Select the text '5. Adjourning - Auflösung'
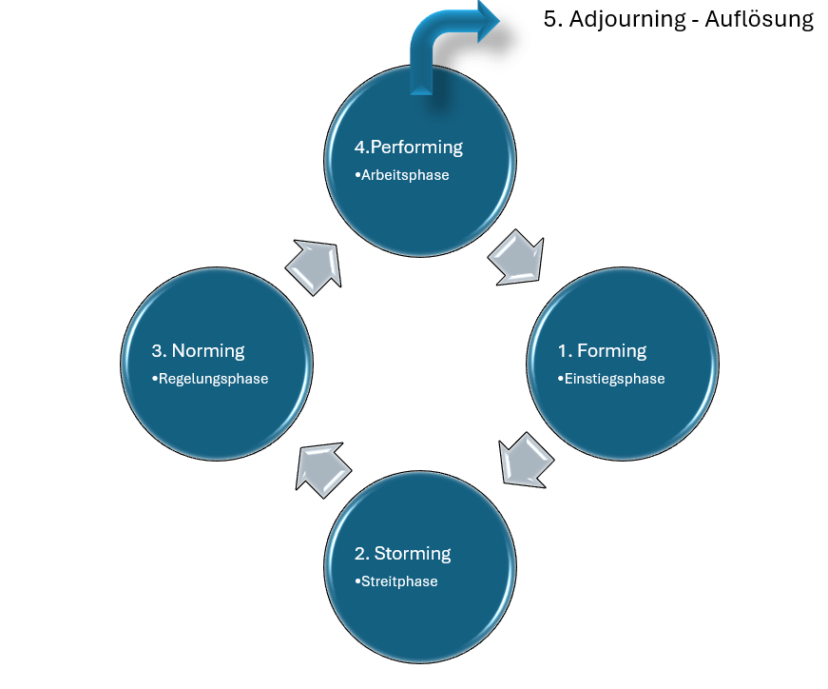678,20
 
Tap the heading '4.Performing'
408,148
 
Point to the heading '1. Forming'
602,350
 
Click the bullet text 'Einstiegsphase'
614,379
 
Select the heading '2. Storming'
402,553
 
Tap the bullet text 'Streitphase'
399,581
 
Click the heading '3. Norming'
198,350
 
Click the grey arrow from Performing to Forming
516,255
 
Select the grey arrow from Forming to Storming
525,460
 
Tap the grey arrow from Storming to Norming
322,464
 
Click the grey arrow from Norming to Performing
314,263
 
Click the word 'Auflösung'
760,20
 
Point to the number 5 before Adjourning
549,20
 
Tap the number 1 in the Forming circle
562,350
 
